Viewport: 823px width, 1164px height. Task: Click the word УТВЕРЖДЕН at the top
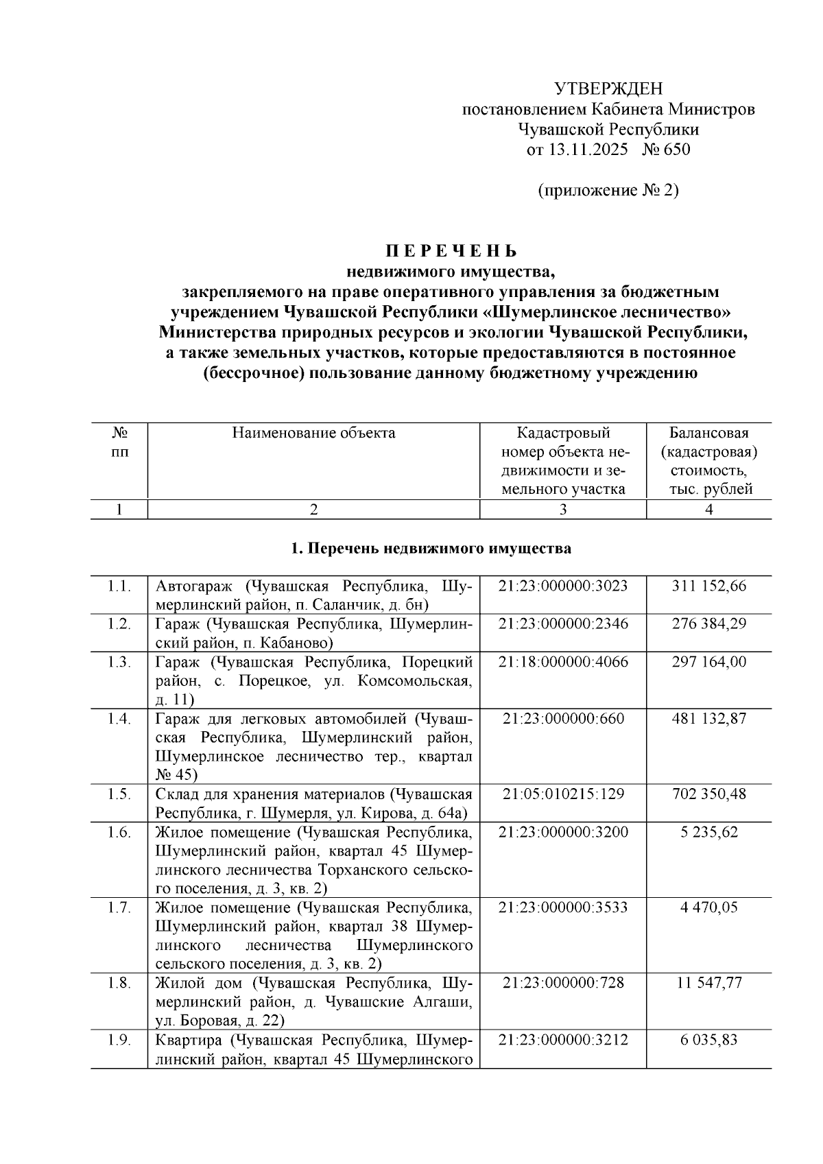tap(608, 88)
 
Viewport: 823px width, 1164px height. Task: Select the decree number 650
tap(677, 150)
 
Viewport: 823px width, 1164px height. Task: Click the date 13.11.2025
tap(587, 150)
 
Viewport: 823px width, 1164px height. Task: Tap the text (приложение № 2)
tap(608, 190)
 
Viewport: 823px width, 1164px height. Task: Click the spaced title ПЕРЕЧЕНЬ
tap(451, 251)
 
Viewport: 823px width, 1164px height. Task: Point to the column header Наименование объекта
tap(313, 433)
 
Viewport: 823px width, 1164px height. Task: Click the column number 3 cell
tap(562, 510)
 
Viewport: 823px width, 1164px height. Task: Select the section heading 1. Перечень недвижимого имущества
tap(431, 549)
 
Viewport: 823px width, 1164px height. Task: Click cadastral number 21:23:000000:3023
tap(562, 586)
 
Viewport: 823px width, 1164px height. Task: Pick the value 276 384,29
tap(709, 624)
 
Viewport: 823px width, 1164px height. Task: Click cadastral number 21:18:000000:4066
tap(562, 662)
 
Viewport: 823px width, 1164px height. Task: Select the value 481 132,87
tap(709, 719)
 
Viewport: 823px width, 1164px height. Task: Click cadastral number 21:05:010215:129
tap(562, 794)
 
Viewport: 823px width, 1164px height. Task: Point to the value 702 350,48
tap(709, 794)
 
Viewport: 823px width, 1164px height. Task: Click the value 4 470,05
tap(709, 907)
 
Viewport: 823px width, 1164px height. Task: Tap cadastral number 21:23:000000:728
tap(562, 983)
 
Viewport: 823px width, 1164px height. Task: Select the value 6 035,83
tap(709, 1040)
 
